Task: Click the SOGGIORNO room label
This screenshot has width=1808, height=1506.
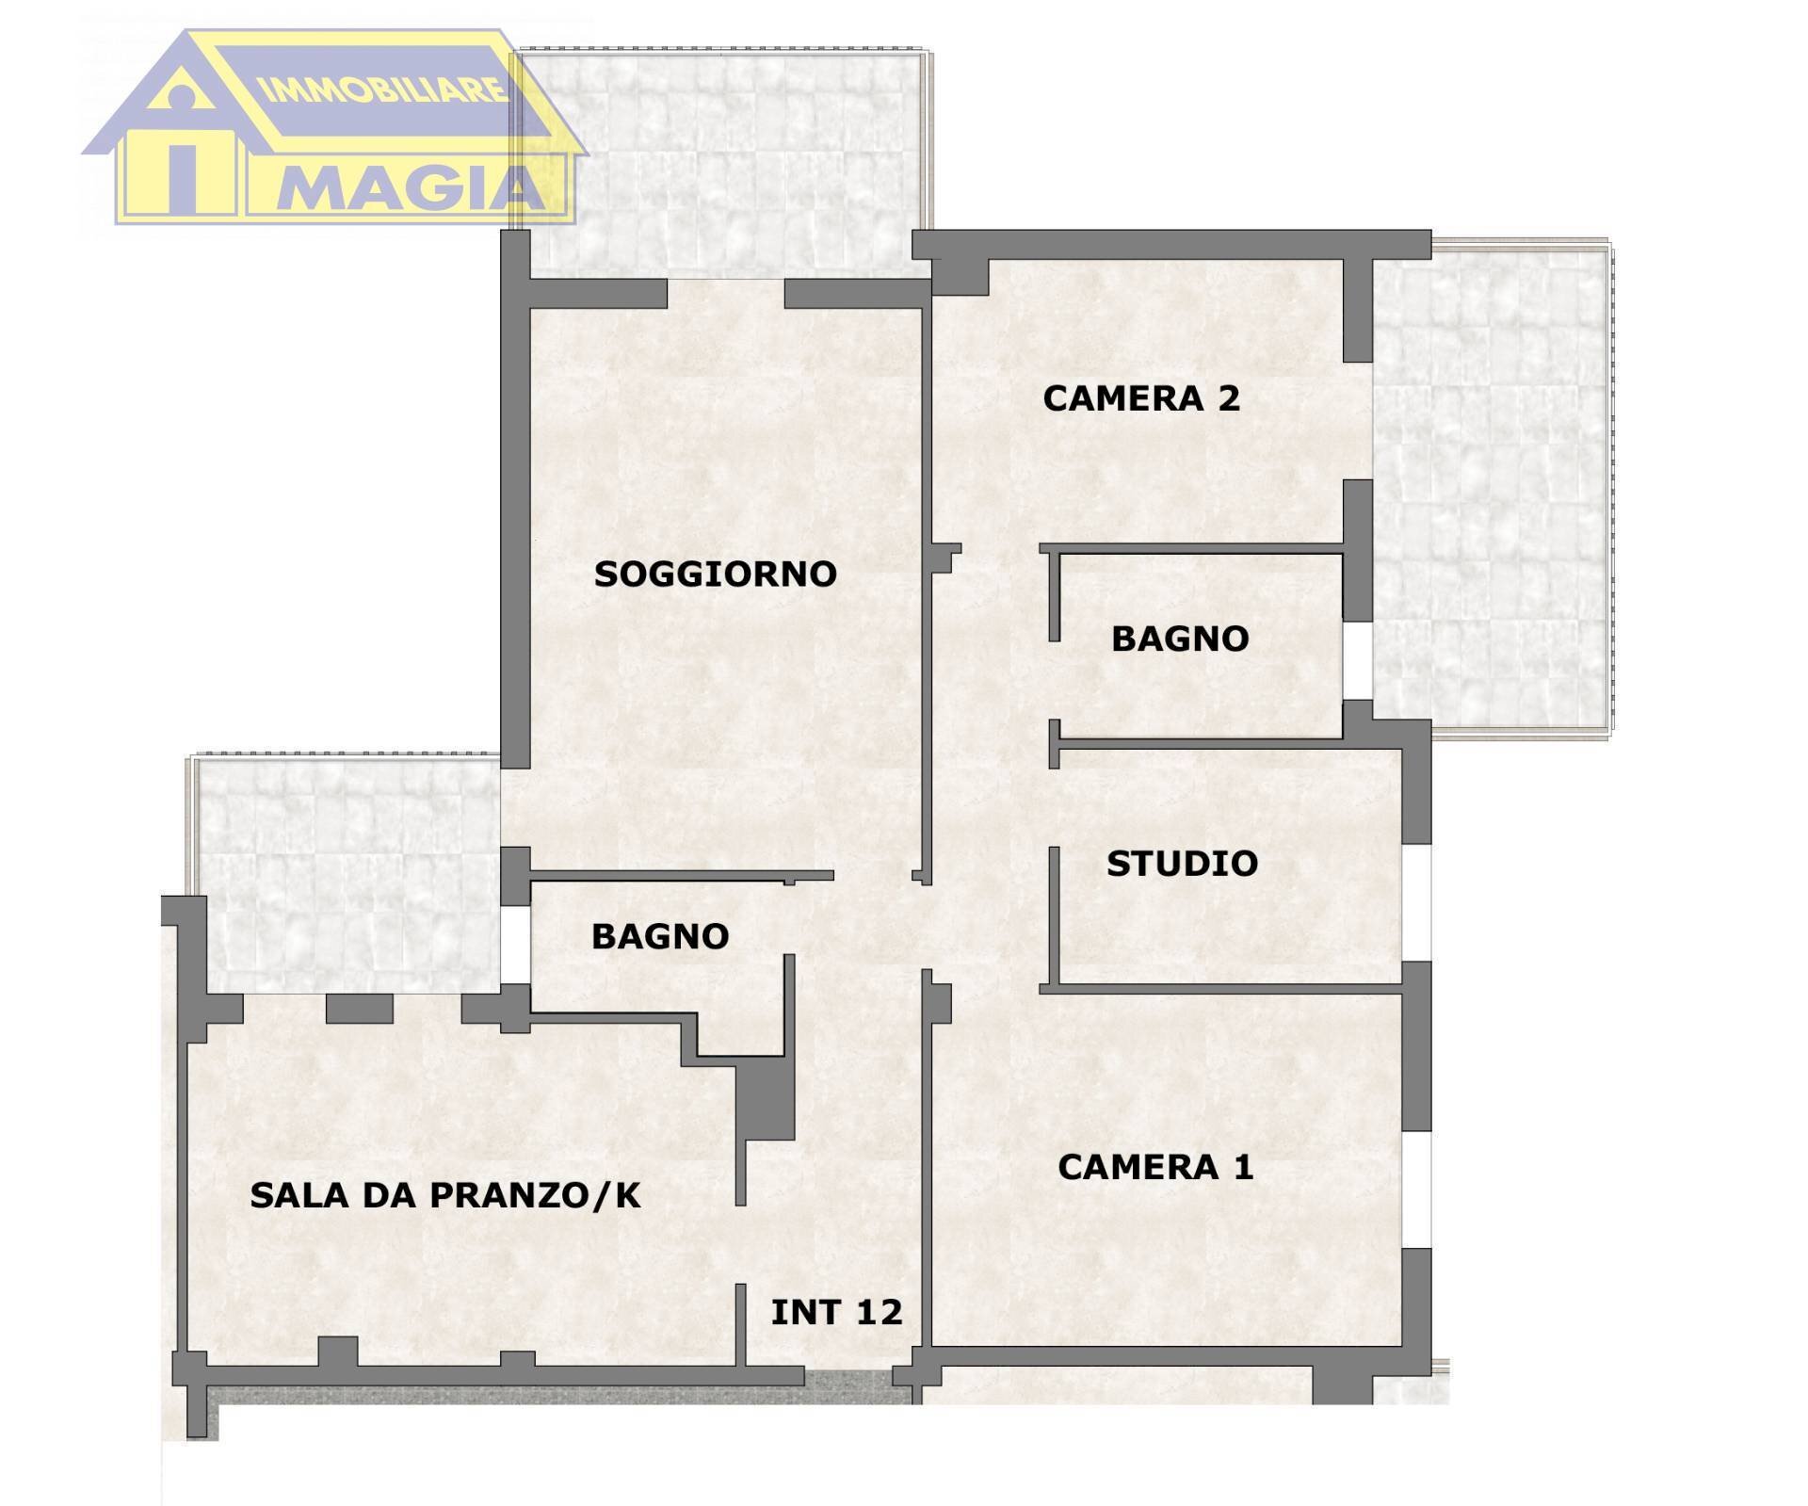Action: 715,574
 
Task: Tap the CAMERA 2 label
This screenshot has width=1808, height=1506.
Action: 1140,398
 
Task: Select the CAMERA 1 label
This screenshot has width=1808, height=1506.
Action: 1155,1167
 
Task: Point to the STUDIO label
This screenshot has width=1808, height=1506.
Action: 1182,864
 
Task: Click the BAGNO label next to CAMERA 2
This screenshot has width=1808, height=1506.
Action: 1180,639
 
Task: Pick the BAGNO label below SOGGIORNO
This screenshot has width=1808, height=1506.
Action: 660,936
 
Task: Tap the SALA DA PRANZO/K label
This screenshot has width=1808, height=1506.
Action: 444,1195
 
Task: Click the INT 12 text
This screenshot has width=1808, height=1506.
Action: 836,1312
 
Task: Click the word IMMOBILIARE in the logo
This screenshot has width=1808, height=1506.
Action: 382,91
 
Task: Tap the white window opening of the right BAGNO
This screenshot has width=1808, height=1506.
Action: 1357,660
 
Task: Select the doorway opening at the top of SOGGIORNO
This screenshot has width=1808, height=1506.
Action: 725,293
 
